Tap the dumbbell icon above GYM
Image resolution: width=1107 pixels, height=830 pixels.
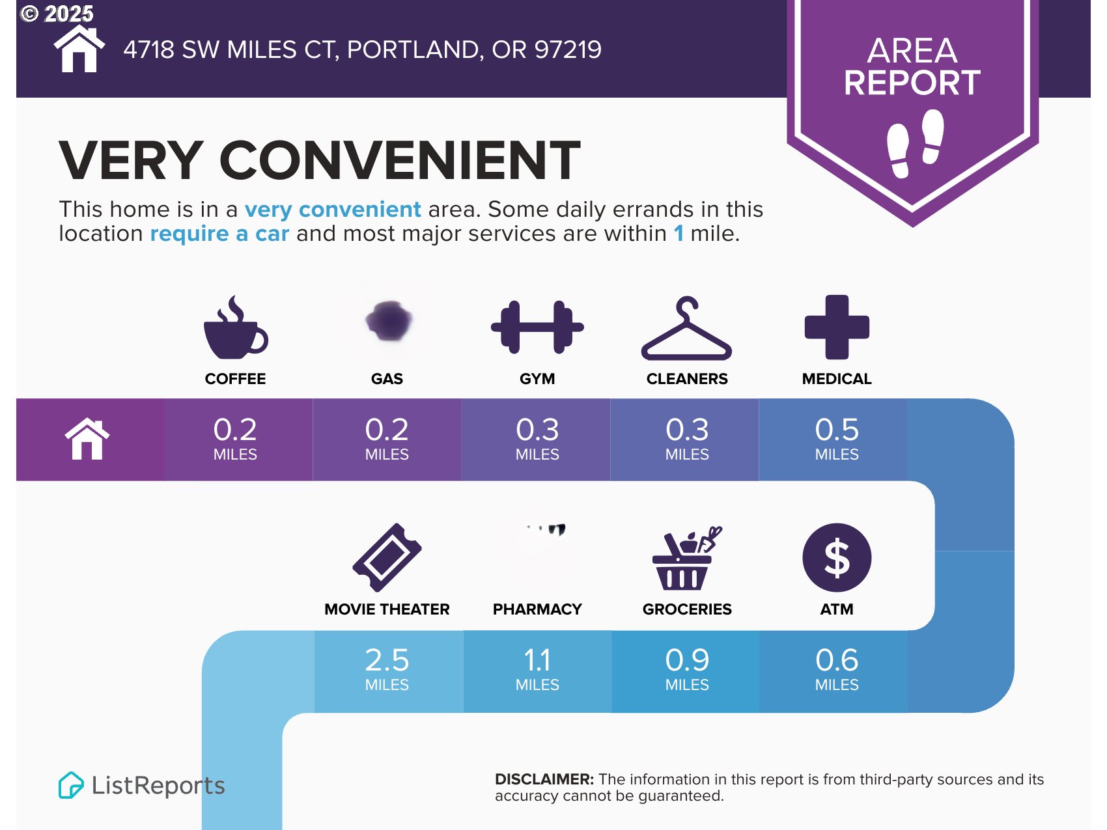point(537,327)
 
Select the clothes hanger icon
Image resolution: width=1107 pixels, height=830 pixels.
point(686,328)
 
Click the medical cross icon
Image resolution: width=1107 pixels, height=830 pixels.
point(837,327)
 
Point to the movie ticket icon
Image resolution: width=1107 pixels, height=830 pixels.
point(387,558)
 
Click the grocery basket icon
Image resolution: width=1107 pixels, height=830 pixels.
point(686,558)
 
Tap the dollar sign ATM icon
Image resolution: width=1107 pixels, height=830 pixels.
point(837,558)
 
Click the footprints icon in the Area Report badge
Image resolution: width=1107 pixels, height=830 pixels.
point(915,143)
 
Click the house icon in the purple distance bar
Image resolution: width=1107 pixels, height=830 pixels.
point(87,439)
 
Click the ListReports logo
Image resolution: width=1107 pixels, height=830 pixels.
point(141,785)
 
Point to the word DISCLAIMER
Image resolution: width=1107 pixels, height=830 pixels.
point(544,779)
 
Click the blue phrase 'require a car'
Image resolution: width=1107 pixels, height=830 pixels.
point(219,233)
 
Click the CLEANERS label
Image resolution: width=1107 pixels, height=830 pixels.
point(687,379)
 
